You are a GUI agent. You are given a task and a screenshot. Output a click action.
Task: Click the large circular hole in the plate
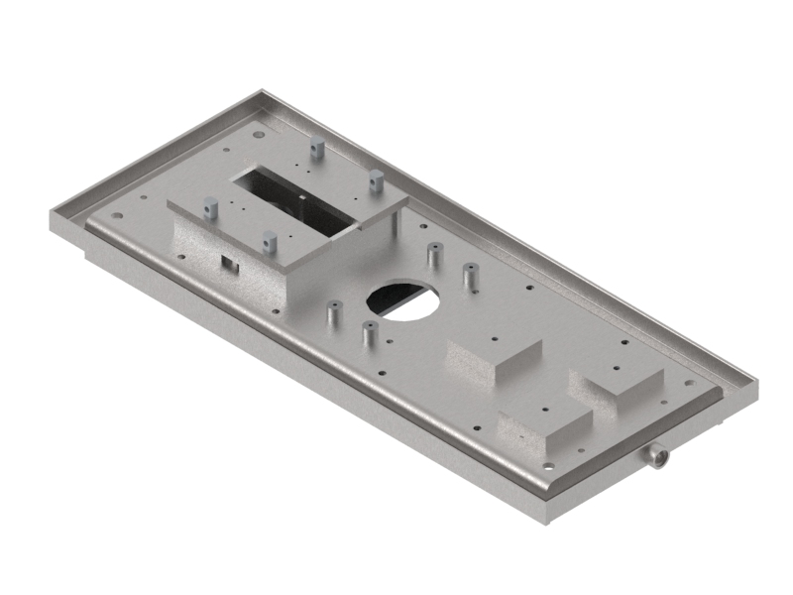(403, 297)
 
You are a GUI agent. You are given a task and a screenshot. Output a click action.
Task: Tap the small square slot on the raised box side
(227, 263)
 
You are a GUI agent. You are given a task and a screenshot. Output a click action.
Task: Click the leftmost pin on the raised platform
(210, 207)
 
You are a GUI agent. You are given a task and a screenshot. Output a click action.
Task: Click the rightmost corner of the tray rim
(757, 386)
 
